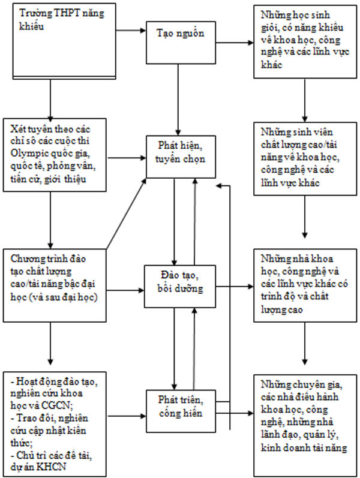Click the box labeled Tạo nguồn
click(178, 34)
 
